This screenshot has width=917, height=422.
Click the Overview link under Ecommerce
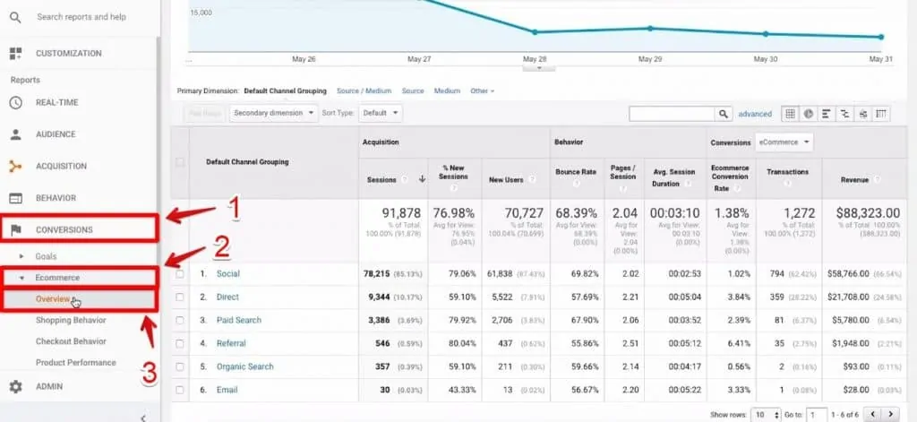[x=53, y=298]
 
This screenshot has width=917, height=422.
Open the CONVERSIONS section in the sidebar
[x=64, y=229]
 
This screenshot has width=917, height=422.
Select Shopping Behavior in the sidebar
[x=71, y=320]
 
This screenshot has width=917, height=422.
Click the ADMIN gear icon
[x=15, y=387]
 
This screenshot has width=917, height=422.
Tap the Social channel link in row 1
[x=227, y=273]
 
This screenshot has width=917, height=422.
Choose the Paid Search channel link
[x=239, y=320]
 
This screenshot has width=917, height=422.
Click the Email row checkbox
[x=180, y=390]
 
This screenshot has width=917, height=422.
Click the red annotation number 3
[x=150, y=372]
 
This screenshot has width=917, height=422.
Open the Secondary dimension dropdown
[x=273, y=114]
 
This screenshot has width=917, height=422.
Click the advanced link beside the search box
[x=755, y=114]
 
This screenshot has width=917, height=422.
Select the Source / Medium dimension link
[x=364, y=90]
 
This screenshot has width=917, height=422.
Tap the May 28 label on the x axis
[x=535, y=60]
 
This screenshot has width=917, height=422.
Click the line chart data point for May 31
[x=881, y=37]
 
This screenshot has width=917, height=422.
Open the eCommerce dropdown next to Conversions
[x=784, y=142]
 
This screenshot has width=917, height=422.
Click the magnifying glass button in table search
[x=724, y=114]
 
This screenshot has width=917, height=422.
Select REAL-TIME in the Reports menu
[x=56, y=102]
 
